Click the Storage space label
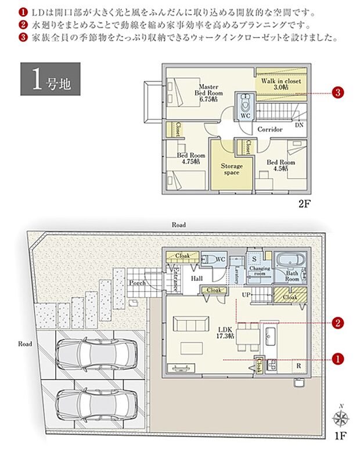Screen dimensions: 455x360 [x=231, y=169]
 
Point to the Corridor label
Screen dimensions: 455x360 [x=270, y=129]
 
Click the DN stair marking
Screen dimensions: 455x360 [x=299, y=125]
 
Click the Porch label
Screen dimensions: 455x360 [x=137, y=283]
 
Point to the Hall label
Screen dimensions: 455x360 [x=196, y=279]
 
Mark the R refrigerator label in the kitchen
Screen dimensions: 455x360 [x=298, y=366]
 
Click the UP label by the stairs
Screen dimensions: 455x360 [x=246, y=295]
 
